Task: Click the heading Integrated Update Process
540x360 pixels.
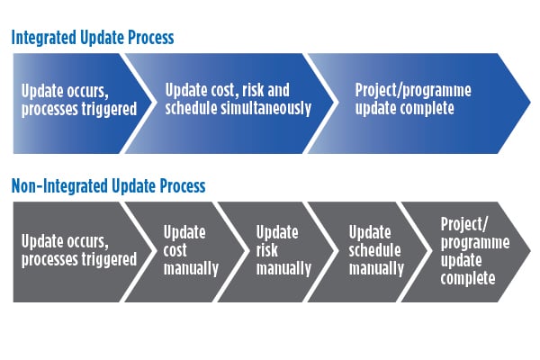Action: [93, 38]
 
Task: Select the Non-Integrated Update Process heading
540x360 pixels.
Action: [108, 186]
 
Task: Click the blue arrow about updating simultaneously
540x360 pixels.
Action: [229, 103]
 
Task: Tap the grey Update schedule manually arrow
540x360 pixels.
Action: [368, 252]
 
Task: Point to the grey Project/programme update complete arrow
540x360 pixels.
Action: [465, 252]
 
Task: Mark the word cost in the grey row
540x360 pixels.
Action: [175, 250]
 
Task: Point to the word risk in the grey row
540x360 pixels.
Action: [267, 250]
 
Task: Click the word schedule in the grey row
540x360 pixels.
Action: [374, 250]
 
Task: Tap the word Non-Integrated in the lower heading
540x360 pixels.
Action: [59, 186]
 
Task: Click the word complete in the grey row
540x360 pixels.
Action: [468, 278]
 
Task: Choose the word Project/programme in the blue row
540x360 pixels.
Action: [413, 91]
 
